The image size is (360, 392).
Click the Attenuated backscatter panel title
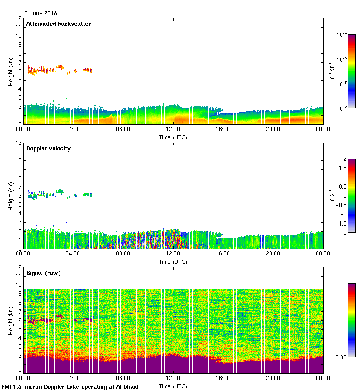point(58,24)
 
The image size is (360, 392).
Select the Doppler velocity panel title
point(48,148)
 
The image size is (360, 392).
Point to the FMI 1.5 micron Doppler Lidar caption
point(70,386)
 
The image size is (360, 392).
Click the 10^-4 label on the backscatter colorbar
point(342,35)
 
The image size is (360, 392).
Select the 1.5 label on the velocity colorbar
point(343,168)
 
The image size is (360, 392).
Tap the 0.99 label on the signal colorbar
point(342,357)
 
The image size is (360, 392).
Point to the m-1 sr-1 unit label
point(332,71)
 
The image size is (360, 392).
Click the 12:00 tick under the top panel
point(173,129)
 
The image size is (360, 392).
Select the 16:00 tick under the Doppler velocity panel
point(223,254)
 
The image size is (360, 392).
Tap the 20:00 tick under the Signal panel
point(273,378)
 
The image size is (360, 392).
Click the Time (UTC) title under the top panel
point(173,137)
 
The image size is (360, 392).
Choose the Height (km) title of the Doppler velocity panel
point(10,196)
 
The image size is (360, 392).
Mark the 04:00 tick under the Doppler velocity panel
point(73,254)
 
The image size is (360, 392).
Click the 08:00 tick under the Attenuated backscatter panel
point(123,129)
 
